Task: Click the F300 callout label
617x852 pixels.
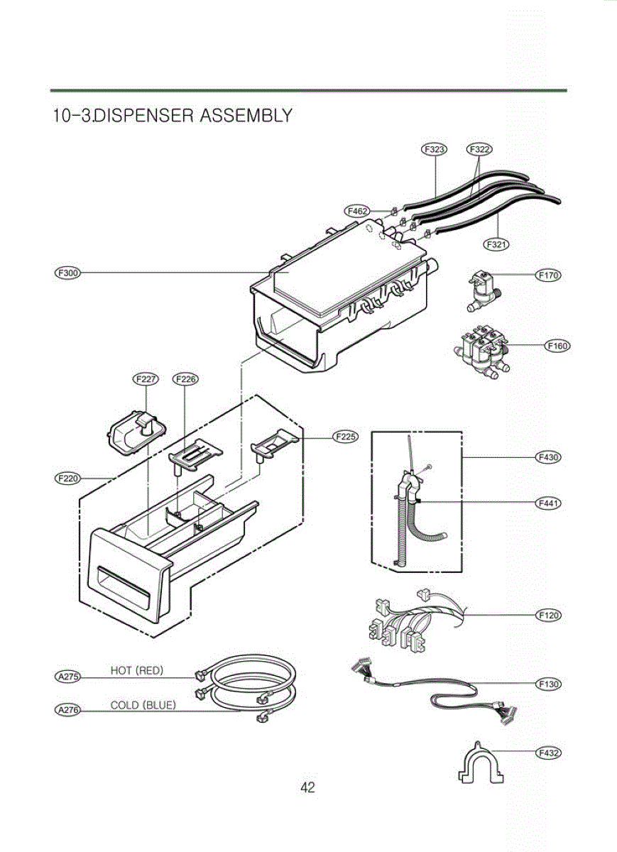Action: [x=67, y=273]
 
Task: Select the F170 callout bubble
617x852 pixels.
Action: [x=548, y=275]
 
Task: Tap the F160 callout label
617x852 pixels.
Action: [x=557, y=346]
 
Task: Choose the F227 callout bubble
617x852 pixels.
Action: [x=147, y=379]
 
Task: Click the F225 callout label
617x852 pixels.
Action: [x=346, y=437]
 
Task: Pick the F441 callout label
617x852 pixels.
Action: [x=548, y=503]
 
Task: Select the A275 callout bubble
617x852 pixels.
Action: [x=67, y=677]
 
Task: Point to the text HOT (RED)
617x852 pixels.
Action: [x=137, y=670]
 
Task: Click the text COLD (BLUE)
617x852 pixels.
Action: [x=143, y=705]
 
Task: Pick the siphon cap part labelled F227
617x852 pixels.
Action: [x=137, y=432]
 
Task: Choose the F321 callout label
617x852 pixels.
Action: [x=496, y=244]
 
